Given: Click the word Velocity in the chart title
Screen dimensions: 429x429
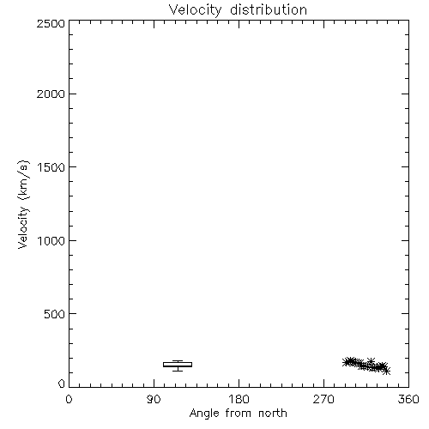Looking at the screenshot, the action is pyautogui.click(x=195, y=10).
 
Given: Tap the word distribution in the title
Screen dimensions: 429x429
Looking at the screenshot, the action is pyautogui.click(x=269, y=9).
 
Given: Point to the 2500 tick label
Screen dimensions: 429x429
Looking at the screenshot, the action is pyautogui.click(x=51, y=23).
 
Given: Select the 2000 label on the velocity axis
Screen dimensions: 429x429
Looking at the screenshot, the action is pyautogui.click(x=51, y=94).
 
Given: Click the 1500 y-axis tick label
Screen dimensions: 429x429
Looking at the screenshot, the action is pyautogui.click(x=51, y=167).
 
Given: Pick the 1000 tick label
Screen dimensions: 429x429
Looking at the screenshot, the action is pyautogui.click(x=51, y=241).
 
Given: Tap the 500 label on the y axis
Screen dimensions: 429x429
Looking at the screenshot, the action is pyautogui.click(x=55, y=314).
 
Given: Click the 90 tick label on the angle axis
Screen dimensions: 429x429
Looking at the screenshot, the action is pyautogui.click(x=154, y=399).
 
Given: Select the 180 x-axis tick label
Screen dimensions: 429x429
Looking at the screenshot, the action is pyautogui.click(x=239, y=399).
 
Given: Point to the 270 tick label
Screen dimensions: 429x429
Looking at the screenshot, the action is pyautogui.click(x=323, y=399).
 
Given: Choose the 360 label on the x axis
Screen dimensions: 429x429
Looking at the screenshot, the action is pyautogui.click(x=408, y=399).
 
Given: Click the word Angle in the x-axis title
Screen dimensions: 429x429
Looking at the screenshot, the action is pyautogui.click(x=204, y=414).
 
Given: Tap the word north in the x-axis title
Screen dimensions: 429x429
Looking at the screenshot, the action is pyautogui.click(x=273, y=414).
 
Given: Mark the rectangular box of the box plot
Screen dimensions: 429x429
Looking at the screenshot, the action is pyautogui.click(x=178, y=365).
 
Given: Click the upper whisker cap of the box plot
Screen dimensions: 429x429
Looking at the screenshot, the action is pyautogui.click(x=178, y=361).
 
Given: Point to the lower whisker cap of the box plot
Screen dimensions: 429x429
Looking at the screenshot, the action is pyautogui.click(x=178, y=371).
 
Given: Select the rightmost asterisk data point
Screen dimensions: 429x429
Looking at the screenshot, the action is pyautogui.click(x=387, y=372).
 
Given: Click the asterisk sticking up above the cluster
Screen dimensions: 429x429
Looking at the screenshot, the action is pyautogui.click(x=371, y=361).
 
